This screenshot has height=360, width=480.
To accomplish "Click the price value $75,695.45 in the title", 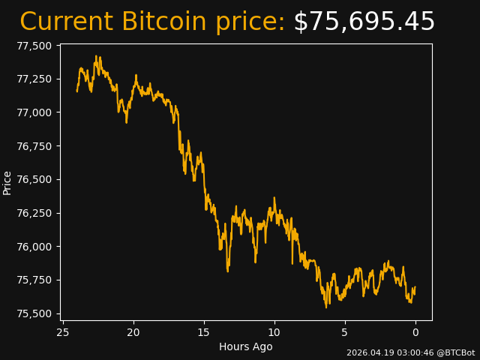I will click(x=364, y=22).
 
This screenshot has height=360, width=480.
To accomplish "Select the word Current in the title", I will click(x=66, y=22).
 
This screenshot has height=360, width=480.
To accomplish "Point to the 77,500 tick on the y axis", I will click(x=34, y=46).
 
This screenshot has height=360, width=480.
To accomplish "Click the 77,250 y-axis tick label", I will click(x=34, y=79).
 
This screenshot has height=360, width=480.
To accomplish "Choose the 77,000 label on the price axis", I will click(x=34, y=112).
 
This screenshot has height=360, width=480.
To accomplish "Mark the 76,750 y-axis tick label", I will click(x=34, y=146).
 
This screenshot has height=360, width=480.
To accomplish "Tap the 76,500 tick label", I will click(x=34, y=180).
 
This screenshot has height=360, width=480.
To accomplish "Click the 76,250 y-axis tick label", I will click(x=34, y=213).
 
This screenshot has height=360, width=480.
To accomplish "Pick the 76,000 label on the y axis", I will click(x=34, y=247).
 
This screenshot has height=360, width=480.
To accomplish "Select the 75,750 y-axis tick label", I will click(x=34, y=280).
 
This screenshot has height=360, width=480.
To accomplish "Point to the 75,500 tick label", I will click(x=34, y=313).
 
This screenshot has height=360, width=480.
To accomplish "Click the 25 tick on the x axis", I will click(x=63, y=331).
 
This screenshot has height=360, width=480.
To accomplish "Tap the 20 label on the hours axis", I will click(x=133, y=331).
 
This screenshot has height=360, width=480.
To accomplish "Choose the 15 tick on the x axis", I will click(x=204, y=331).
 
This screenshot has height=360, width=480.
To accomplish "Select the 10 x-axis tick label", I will click(x=274, y=331).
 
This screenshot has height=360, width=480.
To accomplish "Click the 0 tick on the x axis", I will click(x=415, y=331).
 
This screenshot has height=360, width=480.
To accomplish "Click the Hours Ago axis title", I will click(x=246, y=346).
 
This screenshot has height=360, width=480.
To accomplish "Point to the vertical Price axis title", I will click(x=7, y=183).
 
